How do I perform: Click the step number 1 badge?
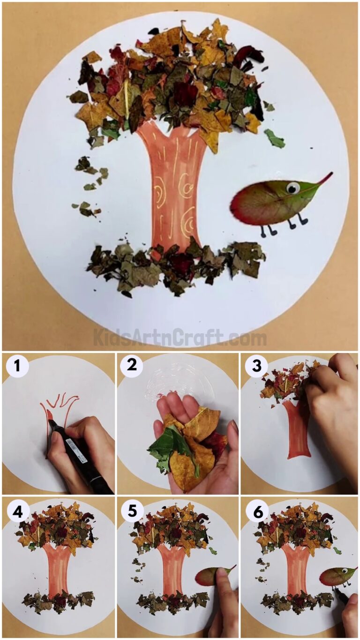pyautogui.click(x=17, y=366)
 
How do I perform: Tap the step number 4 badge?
pyautogui.click(x=17, y=512)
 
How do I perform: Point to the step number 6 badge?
pyautogui.click(x=256, y=512)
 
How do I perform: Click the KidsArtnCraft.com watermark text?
pyautogui.click(x=180, y=338)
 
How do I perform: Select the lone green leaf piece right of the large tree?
pyautogui.click(x=274, y=139)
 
